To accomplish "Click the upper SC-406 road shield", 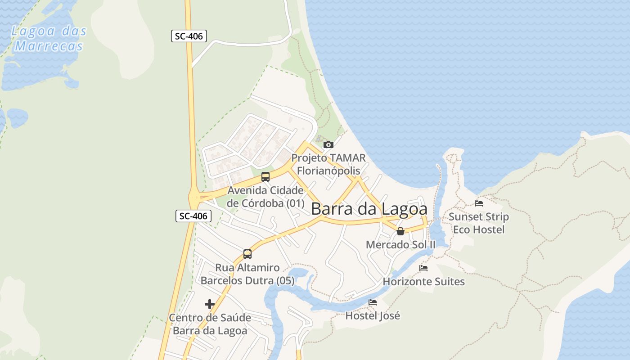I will click(x=189, y=36).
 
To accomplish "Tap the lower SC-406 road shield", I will click(x=193, y=216).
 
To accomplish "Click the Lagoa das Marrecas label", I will click(x=49, y=39).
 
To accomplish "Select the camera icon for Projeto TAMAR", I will click(x=328, y=144).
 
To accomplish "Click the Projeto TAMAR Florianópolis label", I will click(x=328, y=164).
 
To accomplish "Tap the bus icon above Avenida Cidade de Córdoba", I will click(x=265, y=176).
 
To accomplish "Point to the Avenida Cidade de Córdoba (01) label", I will click(x=265, y=197).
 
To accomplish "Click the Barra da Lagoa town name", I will click(x=369, y=209).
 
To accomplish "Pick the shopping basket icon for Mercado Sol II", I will click(x=400, y=231).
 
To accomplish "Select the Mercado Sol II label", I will click(x=400, y=245).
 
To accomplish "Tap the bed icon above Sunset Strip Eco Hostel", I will click(x=479, y=203).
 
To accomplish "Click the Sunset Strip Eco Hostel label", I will click(x=479, y=223).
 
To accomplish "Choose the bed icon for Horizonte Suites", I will click(x=423, y=268).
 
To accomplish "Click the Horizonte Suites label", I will click(x=423, y=282).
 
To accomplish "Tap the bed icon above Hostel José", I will click(x=373, y=302).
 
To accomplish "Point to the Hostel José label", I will click(x=373, y=316).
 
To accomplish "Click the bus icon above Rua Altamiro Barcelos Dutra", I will click(x=247, y=254).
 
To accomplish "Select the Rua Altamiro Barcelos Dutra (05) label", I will click(x=247, y=274).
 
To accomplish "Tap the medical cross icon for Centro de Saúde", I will click(x=210, y=304).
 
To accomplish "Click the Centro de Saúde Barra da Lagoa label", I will click(x=210, y=324).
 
